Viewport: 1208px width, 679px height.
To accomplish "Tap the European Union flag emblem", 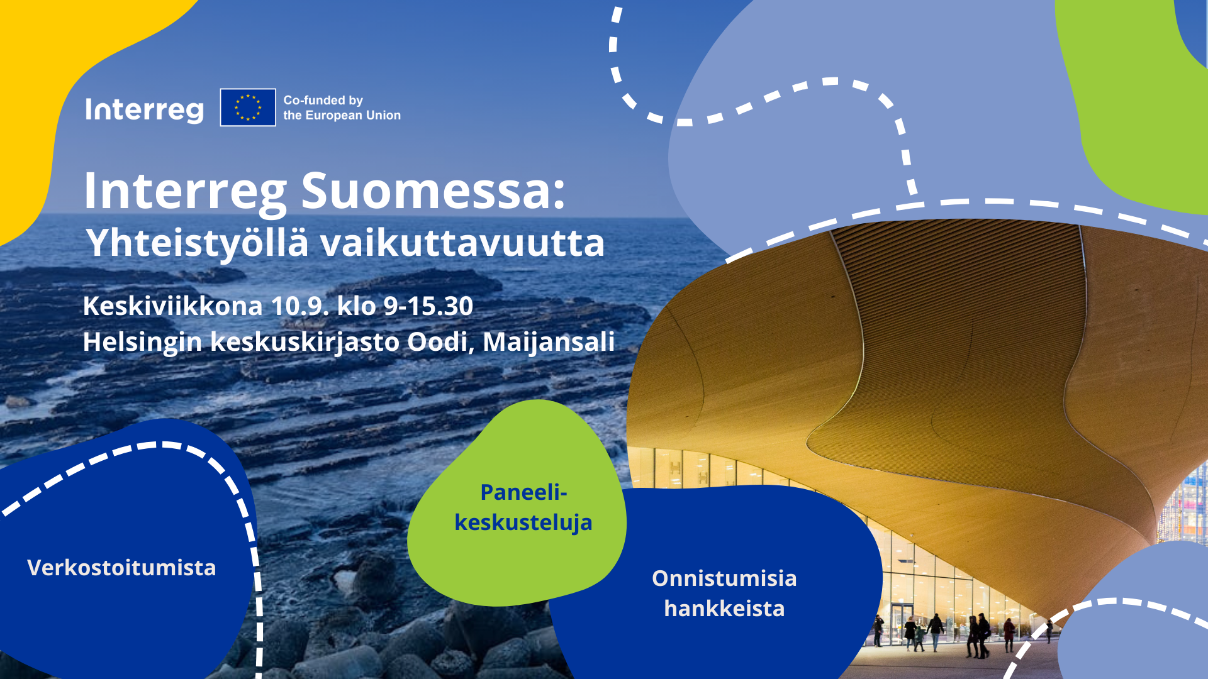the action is click(x=248, y=108).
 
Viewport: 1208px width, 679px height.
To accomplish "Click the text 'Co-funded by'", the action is click(x=323, y=100).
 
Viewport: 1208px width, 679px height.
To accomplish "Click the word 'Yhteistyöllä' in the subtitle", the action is click(x=198, y=244).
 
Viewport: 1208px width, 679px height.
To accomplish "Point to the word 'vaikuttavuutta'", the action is click(x=462, y=243).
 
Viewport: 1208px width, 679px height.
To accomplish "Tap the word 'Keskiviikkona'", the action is click(x=172, y=306).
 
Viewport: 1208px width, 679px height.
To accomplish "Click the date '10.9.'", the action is click(x=300, y=306).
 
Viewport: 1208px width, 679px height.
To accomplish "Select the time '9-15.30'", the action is click(x=428, y=306).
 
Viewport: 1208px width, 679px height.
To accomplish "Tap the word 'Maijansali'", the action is click(x=549, y=343).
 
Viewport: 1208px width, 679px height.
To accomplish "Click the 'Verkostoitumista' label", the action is click(x=121, y=568).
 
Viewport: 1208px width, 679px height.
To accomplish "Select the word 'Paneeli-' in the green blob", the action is click(x=523, y=492).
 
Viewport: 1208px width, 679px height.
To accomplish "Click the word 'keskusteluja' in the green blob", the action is click(x=523, y=523).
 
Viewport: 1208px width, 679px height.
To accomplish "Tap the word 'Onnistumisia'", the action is click(x=724, y=578).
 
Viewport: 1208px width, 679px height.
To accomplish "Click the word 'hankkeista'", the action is click(x=724, y=609).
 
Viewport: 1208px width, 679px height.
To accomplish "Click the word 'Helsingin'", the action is click(x=142, y=343).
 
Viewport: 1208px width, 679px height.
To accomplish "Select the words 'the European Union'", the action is click(x=342, y=115).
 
